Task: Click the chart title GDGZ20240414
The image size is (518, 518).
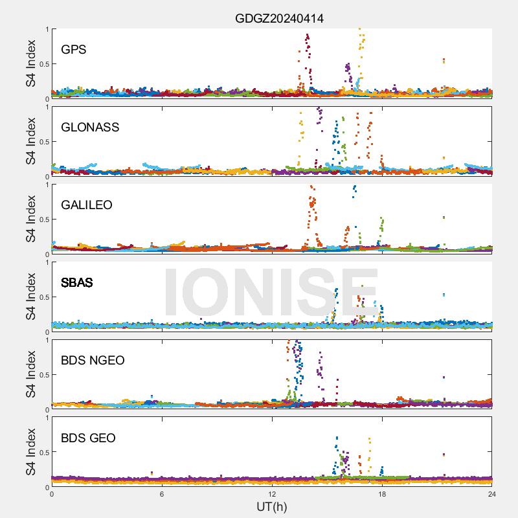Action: click(279, 19)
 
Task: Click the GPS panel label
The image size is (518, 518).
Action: click(74, 49)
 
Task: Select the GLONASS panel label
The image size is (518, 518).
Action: click(90, 127)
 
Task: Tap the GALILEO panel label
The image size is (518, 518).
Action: click(87, 205)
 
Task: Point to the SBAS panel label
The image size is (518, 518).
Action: click(77, 282)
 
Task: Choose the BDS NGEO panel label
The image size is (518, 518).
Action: click(93, 360)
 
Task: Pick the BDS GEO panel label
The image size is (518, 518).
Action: click(88, 438)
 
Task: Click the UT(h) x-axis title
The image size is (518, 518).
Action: click(271, 506)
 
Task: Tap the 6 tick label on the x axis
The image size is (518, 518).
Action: click(162, 494)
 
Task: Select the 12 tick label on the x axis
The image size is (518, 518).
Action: click(272, 494)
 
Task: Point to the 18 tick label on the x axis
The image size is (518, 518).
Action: click(382, 494)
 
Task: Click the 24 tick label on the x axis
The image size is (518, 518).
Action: click(492, 494)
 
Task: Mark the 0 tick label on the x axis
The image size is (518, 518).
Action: click(52, 494)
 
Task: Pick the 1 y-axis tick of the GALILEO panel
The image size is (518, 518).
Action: click(47, 185)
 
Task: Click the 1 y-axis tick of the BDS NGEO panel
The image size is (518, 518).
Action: click(47, 340)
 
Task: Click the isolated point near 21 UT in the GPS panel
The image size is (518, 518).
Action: click(444, 61)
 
